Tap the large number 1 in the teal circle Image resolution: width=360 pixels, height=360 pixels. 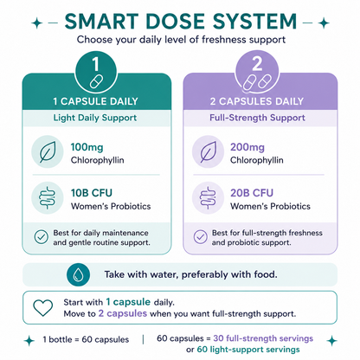point(96,64)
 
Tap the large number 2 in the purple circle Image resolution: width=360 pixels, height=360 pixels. point(257,64)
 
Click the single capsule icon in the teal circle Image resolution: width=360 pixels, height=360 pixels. point(96,81)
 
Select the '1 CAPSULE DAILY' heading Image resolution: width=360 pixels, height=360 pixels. point(95,101)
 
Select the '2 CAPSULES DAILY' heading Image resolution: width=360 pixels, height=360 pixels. point(257,101)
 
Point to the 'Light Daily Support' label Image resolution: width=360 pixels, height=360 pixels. point(95,118)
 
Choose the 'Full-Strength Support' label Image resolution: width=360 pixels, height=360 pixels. point(257,118)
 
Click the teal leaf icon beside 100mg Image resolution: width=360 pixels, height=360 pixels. point(48,151)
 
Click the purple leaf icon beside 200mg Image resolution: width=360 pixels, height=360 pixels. point(208,151)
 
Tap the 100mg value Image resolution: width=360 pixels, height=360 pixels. point(87,147)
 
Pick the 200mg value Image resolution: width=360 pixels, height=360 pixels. point(247,147)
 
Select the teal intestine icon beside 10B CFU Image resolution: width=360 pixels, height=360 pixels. point(47,198)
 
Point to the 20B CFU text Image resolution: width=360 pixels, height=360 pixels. point(252,193)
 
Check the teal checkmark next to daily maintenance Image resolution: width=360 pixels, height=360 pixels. point(42,237)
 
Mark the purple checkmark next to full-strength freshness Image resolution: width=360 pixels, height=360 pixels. point(201,237)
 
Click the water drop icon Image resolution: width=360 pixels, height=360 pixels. point(78,274)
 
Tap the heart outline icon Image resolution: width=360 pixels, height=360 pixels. point(43,307)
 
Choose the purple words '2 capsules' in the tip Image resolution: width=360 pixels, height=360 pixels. point(123,313)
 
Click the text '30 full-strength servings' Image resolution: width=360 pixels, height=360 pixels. point(263,338)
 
